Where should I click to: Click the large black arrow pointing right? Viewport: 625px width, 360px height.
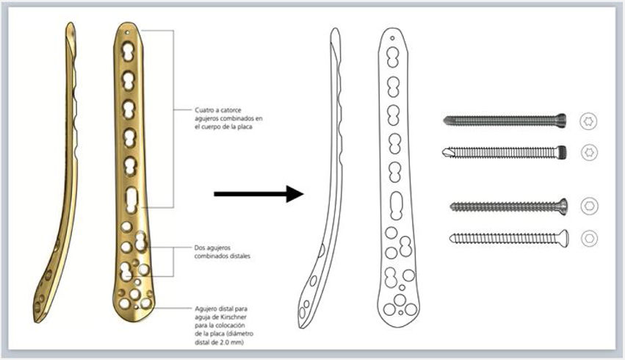(258, 194)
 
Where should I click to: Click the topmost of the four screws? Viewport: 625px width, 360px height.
(506, 120)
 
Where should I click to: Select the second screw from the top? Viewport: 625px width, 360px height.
(506, 152)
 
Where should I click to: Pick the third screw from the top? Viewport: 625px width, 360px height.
(507, 206)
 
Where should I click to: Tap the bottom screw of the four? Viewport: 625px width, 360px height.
(507, 237)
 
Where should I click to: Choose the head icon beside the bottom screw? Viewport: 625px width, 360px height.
(588, 238)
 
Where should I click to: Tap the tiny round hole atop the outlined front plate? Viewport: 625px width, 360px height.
(392, 37)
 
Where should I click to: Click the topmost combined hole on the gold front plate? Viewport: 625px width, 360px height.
(129, 51)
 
